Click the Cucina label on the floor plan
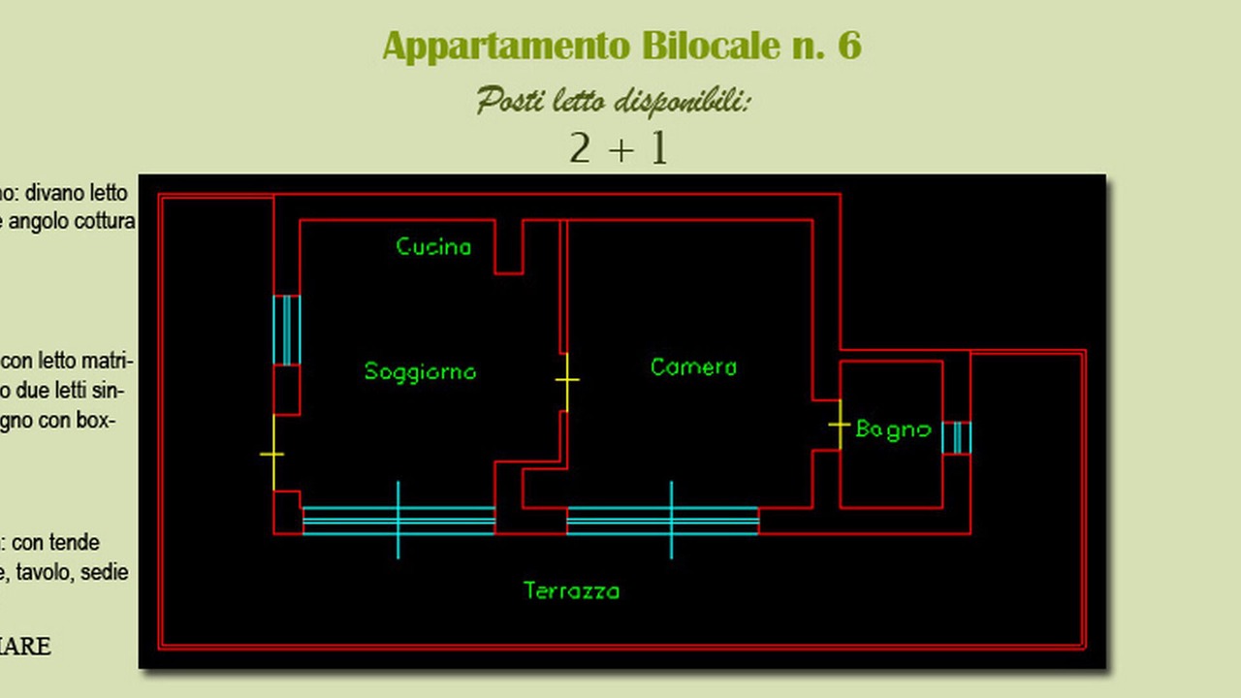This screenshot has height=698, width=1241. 433,247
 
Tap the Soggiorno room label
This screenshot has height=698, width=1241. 420,371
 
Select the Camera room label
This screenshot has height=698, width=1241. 693,367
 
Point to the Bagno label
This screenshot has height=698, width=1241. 893,429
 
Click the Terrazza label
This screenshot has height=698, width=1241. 571,590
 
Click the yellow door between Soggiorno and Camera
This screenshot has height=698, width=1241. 566,381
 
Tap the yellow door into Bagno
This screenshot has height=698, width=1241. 840,425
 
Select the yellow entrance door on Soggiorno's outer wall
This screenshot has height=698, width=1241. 273,454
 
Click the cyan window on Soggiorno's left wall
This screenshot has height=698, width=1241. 287,330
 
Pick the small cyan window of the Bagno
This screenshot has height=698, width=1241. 956,437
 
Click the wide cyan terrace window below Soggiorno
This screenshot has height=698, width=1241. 398,521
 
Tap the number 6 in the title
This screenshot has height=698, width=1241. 849,47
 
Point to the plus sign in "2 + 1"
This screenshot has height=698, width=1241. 620,149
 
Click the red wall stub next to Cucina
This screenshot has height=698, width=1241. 509,247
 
